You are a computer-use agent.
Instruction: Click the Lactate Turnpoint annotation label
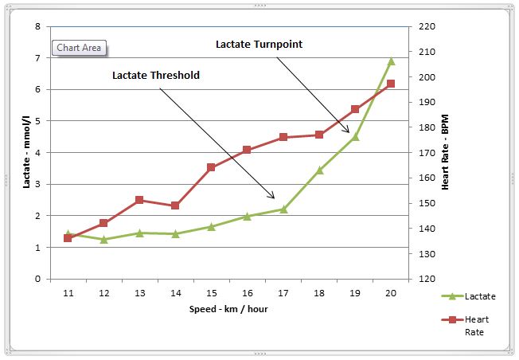(259, 45)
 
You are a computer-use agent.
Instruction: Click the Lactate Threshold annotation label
(156, 75)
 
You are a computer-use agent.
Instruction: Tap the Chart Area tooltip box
(79, 48)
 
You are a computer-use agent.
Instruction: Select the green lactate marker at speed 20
(391, 61)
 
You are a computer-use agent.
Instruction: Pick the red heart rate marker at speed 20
(391, 84)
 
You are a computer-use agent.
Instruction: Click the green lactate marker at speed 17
(283, 209)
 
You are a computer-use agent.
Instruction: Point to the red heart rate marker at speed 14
(175, 205)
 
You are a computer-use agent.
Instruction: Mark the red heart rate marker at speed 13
(139, 200)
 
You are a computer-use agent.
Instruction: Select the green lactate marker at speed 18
(319, 170)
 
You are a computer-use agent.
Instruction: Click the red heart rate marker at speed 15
(211, 167)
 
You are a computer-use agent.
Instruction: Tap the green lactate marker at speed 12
(104, 240)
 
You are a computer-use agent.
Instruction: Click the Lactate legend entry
(468, 296)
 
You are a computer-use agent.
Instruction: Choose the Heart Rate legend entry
(465, 326)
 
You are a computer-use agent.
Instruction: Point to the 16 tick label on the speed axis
(248, 293)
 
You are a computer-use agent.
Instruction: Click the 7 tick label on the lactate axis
(37, 58)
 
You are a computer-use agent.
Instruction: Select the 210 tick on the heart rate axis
(427, 52)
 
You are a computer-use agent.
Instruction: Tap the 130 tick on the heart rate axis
(427, 254)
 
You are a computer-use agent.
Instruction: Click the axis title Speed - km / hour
(228, 309)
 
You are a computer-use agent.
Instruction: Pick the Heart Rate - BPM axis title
(445, 152)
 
